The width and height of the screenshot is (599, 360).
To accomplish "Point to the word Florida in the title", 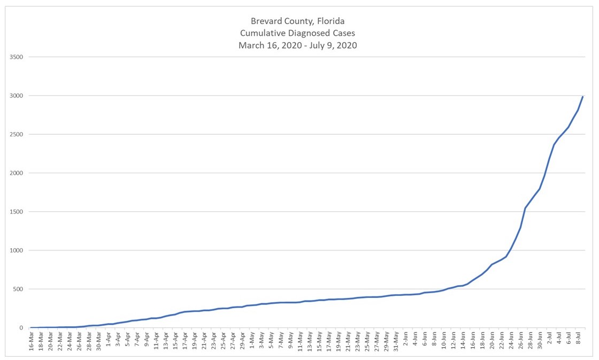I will click(x=330, y=21).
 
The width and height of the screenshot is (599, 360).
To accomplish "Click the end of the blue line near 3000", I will click(x=582, y=97).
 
